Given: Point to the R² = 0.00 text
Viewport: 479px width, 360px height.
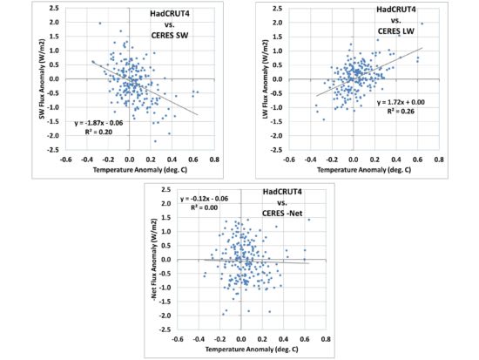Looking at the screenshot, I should pyautogui.click(x=203, y=209).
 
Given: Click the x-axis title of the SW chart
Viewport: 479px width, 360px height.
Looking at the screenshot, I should pyautogui.click(x=128, y=171).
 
